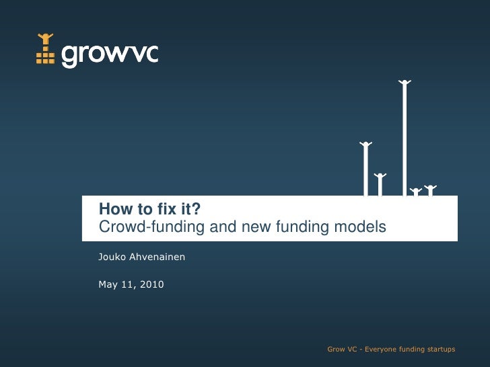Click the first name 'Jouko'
(112, 256)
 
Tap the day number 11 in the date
(127, 285)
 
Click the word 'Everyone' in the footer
(380, 350)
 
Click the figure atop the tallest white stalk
(405, 83)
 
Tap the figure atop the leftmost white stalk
(365, 145)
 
